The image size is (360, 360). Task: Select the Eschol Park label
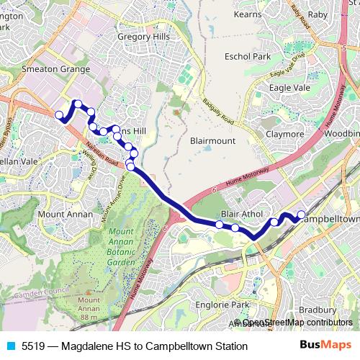click(x=247, y=56)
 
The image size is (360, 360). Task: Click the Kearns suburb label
click(x=247, y=14)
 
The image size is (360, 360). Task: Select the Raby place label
click(x=318, y=14)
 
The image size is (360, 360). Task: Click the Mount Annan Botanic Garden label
click(x=129, y=248)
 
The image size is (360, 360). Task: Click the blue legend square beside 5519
click(x=10, y=346)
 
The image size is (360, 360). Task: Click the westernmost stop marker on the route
click(x=60, y=114)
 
